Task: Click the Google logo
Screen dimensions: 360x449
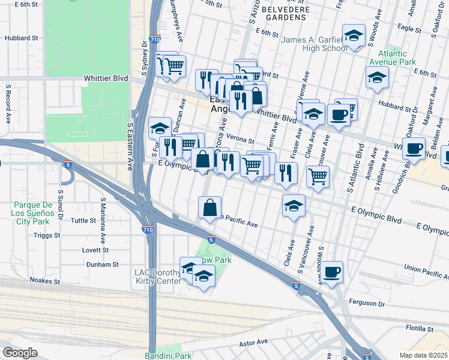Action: pos(20,353)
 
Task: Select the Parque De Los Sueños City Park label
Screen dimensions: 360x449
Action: pos(37,212)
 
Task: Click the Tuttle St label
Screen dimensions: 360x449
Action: pos(83,221)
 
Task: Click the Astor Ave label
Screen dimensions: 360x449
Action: pos(253,342)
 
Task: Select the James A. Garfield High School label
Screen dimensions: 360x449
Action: pos(315,44)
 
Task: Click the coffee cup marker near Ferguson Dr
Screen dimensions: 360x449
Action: pos(331,272)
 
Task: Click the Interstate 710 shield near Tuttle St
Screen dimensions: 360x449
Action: pos(147,229)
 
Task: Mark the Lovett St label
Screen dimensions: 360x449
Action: pos(96,250)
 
